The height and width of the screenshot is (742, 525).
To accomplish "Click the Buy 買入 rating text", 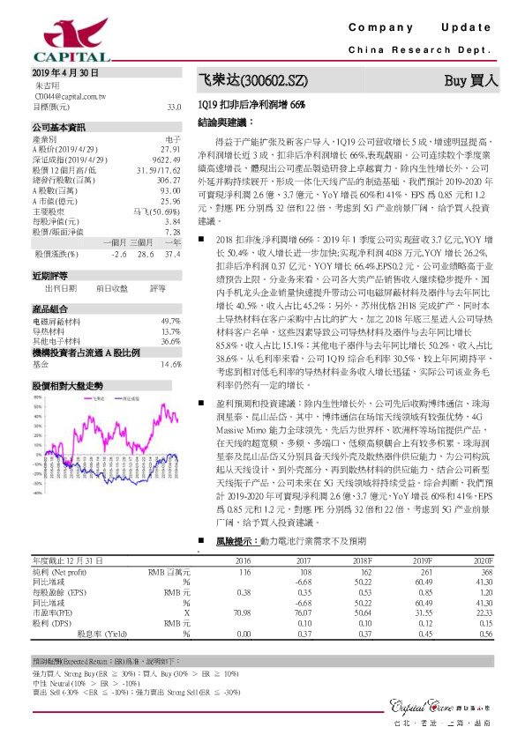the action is (470, 80).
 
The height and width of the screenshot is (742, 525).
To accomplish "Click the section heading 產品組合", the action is (49, 308).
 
